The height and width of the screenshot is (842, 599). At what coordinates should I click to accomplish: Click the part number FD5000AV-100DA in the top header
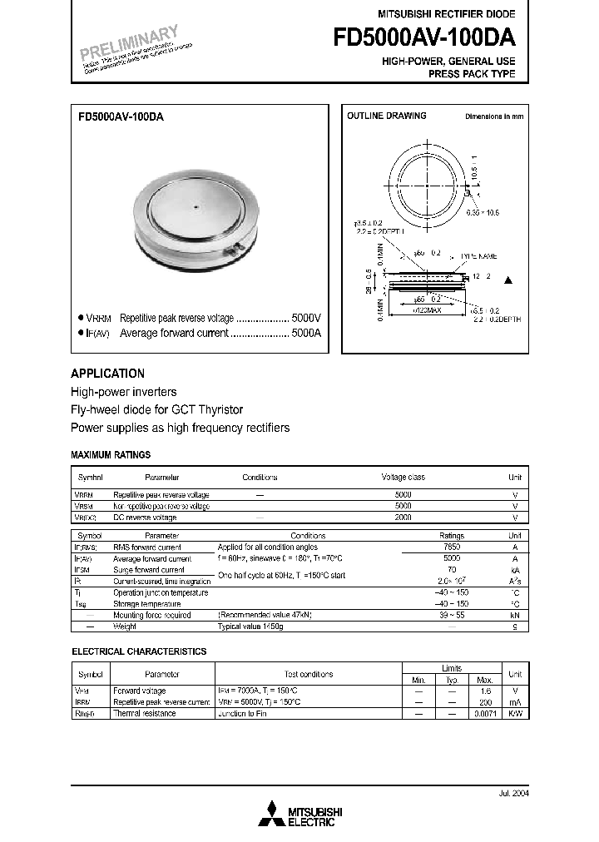tap(424, 38)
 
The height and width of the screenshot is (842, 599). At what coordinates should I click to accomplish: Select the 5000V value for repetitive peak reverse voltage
tap(305, 319)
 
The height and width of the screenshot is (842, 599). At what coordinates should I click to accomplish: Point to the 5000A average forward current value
tap(305, 333)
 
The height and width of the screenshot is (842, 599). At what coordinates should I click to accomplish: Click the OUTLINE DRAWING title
tap(386, 116)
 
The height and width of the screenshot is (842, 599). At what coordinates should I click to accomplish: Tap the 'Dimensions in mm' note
tap(494, 117)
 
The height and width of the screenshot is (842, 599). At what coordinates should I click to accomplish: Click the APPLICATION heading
tap(107, 374)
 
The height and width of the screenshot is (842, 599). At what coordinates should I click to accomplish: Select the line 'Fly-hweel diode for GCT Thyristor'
tap(168, 409)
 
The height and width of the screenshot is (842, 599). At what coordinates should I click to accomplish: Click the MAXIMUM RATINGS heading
tap(111, 455)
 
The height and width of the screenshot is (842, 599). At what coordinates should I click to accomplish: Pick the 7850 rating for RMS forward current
tap(451, 547)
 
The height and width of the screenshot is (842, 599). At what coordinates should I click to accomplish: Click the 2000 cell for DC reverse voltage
tap(403, 517)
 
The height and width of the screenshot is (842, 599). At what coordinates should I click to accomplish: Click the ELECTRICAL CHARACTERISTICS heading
tap(139, 651)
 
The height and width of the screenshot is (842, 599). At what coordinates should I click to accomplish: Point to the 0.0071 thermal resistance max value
tap(483, 714)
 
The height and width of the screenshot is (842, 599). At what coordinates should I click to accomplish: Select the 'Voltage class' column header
tap(403, 478)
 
